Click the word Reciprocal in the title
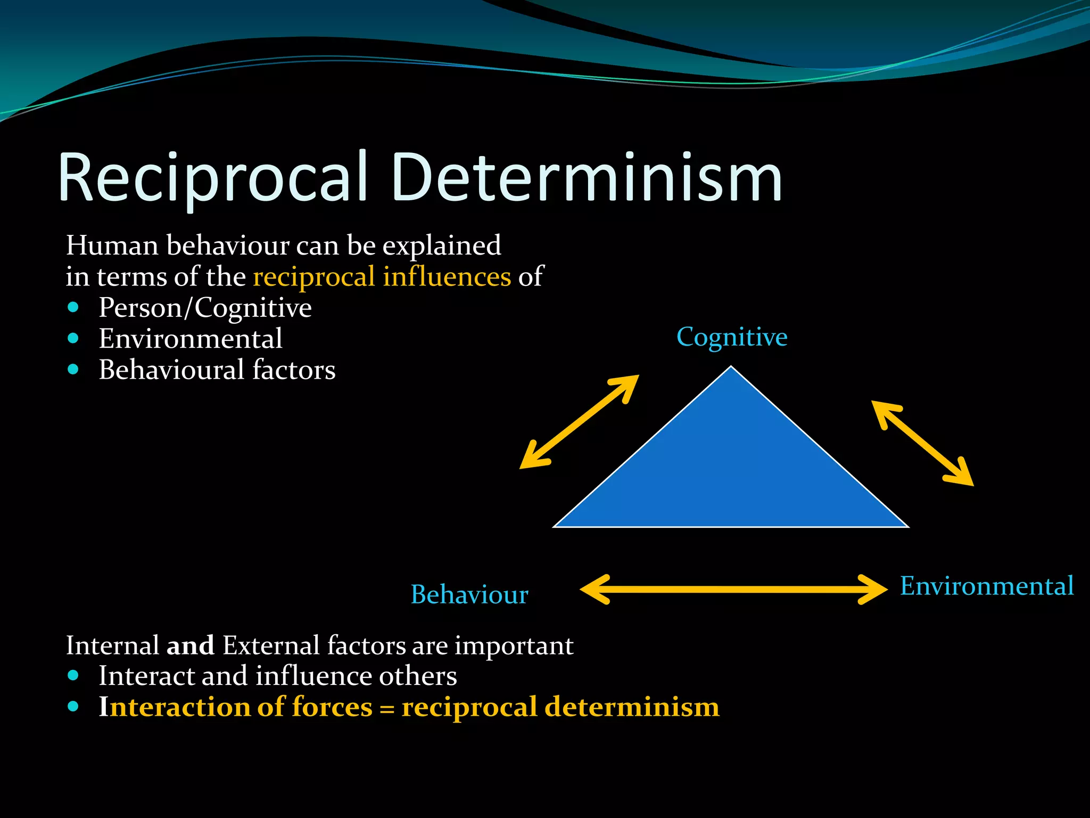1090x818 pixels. [x=213, y=178]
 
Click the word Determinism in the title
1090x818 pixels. [x=585, y=178]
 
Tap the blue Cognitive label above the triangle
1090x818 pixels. [x=732, y=337]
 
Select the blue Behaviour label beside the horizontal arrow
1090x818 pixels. [x=469, y=595]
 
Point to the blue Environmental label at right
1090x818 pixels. [x=987, y=586]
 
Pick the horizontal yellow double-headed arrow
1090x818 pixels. [x=733, y=589]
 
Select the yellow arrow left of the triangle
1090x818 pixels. [x=579, y=422]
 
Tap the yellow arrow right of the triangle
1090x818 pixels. [x=922, y=443]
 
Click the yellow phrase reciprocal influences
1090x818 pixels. [x=382, y=277]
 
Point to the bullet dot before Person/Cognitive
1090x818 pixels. [x=73, y=307]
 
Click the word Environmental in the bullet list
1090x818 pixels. [x=191, y=339]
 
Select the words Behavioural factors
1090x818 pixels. [x=217, y=370]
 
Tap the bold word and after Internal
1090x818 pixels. [x=190, y=645]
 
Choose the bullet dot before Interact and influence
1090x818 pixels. [x=73, y=676]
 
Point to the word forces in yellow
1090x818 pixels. [x=332, y=707]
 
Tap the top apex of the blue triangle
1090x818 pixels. [x=731, y=369]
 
